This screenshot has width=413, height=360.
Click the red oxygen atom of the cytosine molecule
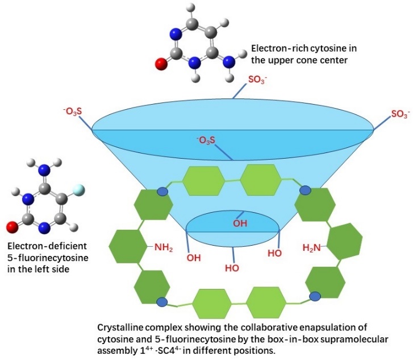coord(161,63)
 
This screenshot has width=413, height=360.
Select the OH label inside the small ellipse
coord(241,223)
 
